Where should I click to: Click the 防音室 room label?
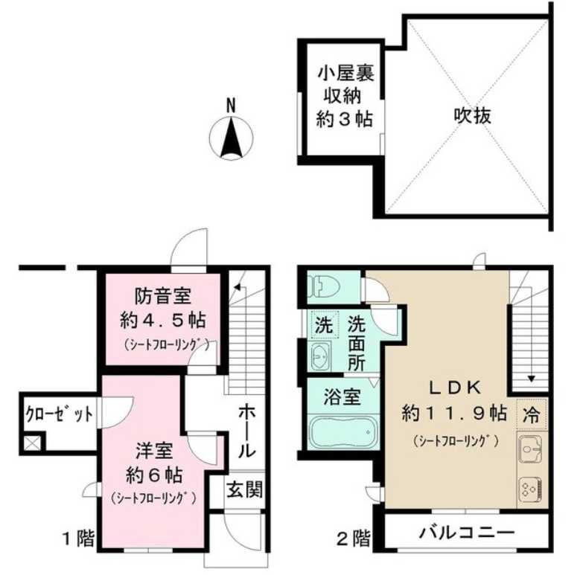pos(163,297)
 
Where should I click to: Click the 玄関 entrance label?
pos(243,490)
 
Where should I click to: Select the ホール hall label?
pos(248,431)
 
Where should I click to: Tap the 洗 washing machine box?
pos(324,326)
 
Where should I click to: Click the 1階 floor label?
pos(79,537)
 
